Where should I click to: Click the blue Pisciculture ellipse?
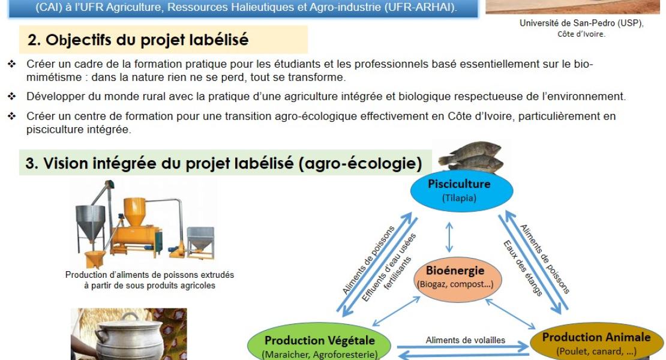(461, 190)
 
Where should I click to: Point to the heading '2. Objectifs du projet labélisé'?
(138, 40)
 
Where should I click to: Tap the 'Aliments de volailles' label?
(466, 340)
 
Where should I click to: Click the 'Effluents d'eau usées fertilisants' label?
(389, 267)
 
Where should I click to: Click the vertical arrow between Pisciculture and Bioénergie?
(449, 236)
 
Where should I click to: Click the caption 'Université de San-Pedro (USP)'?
(581, 23)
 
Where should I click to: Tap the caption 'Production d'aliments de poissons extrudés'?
(149, 275)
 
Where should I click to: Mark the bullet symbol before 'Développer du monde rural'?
(11, 96)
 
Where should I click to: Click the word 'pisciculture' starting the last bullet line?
(53, 129)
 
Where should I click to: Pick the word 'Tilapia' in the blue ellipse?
(459, 197)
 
